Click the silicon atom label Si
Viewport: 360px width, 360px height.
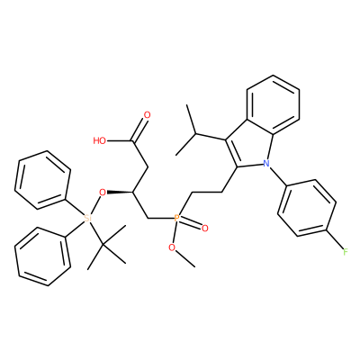pos(87,219)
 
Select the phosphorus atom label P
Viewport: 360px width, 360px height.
pos(177,218)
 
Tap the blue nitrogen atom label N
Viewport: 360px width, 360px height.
pos(265,164)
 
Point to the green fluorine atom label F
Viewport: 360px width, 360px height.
pos(346,252)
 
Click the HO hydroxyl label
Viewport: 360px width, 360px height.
pos(100,140)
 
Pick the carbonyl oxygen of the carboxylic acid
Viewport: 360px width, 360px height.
pos(147,115)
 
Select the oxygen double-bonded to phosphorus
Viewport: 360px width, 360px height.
pos(205,229)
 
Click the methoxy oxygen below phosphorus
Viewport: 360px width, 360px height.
pos(172,247)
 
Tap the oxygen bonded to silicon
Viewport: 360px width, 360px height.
pos(103,192)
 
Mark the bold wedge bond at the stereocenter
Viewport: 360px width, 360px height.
pos(120,192)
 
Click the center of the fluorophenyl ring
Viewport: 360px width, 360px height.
pos(307,208)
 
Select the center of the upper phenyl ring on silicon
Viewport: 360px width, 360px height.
pos(42,179)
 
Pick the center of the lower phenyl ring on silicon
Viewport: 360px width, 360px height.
pos(42,256)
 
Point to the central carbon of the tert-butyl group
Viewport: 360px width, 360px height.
pos(103,246)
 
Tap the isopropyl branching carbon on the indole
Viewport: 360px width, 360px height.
pos(195,133)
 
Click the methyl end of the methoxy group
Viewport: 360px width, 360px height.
pos(194,266)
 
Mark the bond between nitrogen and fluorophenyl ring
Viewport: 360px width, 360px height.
pos(278,176)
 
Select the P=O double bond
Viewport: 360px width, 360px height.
pos(191,223)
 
